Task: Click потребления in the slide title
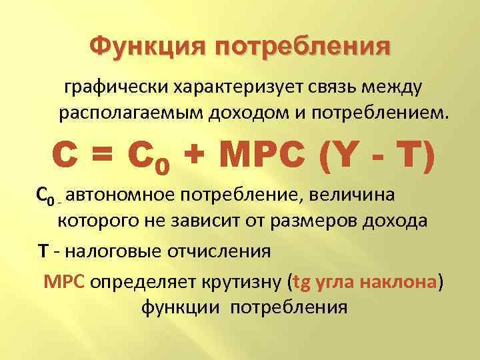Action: click(302, 48)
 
